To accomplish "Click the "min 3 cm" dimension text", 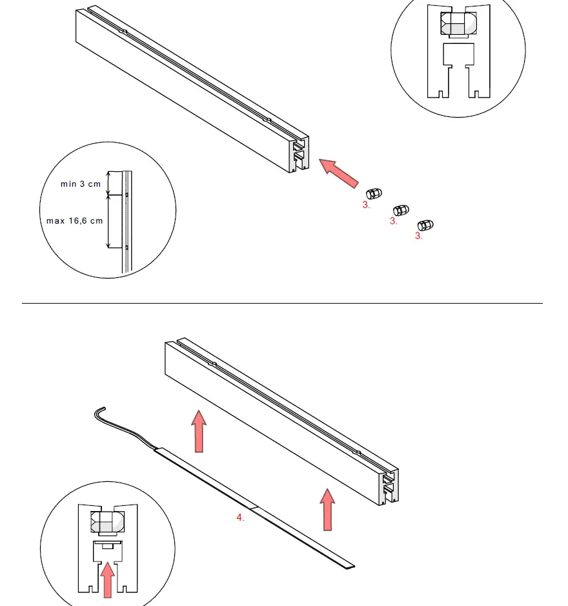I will click(x=81, y=184).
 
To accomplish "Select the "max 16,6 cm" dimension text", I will click(x=74, y=221).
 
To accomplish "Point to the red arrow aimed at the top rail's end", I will click(x=340, y=174).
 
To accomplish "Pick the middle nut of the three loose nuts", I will click(x=401, y=210).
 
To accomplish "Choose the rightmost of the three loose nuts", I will click(x=425, y=225).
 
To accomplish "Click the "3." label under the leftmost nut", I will click(x=366, y=205).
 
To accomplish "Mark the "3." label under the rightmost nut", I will click(x=419, y=236).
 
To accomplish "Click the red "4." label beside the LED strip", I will click(x=240, y=517).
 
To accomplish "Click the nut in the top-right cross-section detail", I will click(x=458, y=25).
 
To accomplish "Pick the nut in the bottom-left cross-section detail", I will click(x=108, y=522).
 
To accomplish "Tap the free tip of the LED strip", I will click(x=349, y=566).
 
